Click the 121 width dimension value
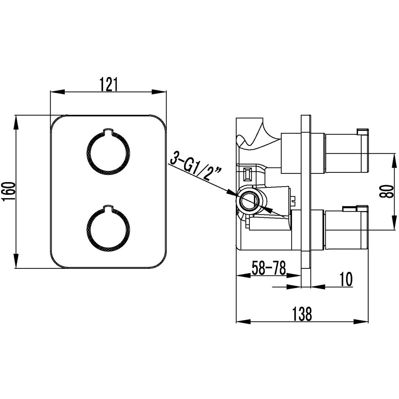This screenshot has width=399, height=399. (109, 84)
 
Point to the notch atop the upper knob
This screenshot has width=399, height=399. (108, 130)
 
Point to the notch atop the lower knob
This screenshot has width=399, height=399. (108, 209)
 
